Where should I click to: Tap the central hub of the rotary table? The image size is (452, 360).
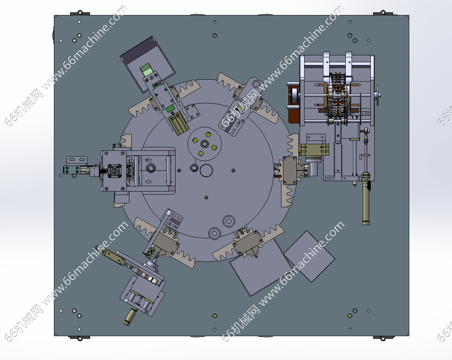[205, 144]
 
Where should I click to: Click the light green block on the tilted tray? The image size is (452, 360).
[146, 70]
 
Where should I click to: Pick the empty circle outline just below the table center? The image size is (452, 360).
[206, 170]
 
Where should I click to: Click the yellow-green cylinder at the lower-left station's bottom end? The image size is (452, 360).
[130, 316]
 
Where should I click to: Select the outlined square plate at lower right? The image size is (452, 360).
[309, 256]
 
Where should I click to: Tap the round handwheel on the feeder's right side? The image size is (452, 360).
[377, 95]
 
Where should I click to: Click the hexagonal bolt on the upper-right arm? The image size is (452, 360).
[255, 84]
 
